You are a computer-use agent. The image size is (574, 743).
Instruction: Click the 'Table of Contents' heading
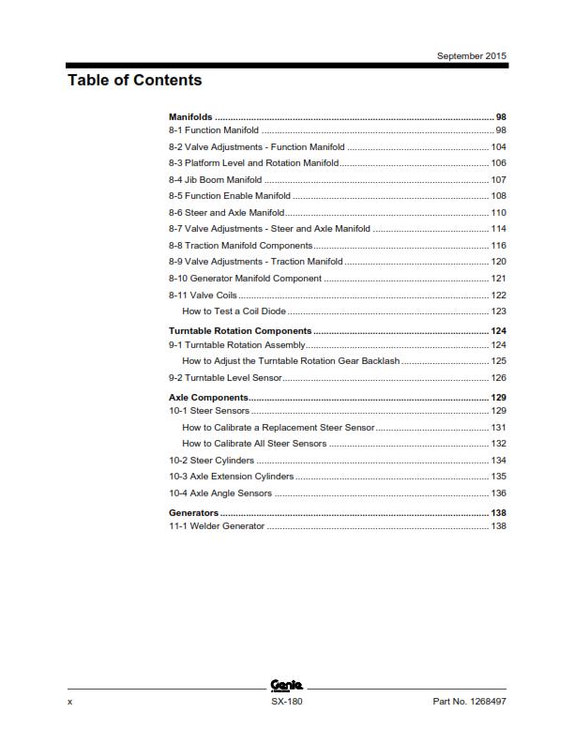[134, 81]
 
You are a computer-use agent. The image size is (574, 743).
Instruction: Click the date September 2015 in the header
[472, 56]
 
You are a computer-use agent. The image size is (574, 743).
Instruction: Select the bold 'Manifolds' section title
[189, 116]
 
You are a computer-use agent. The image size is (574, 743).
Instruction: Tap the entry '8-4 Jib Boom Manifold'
[215, 179]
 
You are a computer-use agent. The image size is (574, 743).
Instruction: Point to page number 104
[498, 147]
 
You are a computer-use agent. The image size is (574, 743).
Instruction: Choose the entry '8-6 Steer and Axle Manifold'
[226, 213]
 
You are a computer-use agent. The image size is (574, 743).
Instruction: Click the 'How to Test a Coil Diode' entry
[234, 311]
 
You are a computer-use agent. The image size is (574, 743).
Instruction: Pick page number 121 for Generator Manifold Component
[498, 279]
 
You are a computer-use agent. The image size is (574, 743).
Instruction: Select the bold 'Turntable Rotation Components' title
[239, 331]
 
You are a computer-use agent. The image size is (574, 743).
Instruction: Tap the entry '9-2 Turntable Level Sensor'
[224, 378]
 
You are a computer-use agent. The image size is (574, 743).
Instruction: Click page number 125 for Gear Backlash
[498, 360]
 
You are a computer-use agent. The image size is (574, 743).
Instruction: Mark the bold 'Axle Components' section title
[207, 398]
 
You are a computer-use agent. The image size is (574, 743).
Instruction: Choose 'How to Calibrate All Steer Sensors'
[254, 444]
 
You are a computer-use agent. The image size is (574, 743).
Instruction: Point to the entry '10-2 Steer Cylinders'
[211, 461]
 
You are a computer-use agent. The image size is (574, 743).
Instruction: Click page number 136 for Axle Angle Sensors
[498, 493]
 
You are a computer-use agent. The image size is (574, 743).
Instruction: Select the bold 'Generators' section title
[193, 513]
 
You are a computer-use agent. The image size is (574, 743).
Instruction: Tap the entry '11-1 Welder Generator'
[216, 526]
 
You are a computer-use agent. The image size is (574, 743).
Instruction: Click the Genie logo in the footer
[285, 687]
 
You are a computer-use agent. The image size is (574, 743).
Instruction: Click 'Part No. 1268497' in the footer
[469, 701]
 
